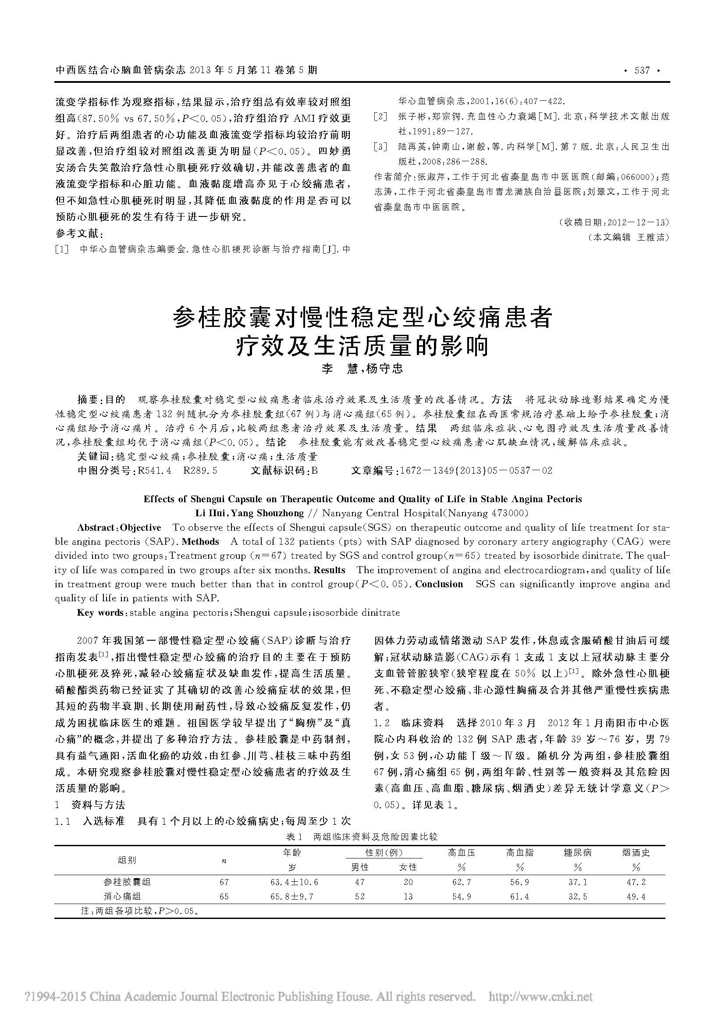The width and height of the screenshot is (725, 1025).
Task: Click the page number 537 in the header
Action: pyautogui.click(x=642, y=71)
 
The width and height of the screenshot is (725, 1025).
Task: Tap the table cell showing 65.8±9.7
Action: pyautogui.click(x=292, y=897)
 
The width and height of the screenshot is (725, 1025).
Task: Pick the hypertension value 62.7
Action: pyautogui.click(x=462, y=882)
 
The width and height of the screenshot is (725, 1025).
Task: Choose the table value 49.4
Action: pyautogui.click(x=636, y=897)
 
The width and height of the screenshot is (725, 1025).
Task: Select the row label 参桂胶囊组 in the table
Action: pyautogui.click(x=127, y=882)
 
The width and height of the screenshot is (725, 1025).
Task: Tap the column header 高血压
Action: pyautogui.click(x=462, y=853)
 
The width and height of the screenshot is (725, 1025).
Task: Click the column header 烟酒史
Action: pyautogui.click(x=636, y=853)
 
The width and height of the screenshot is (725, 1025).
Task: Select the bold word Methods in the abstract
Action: pyautogui.click(x=200, y=542)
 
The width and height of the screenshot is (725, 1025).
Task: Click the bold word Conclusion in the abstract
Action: pyautogui.click(x=439, y=584)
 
